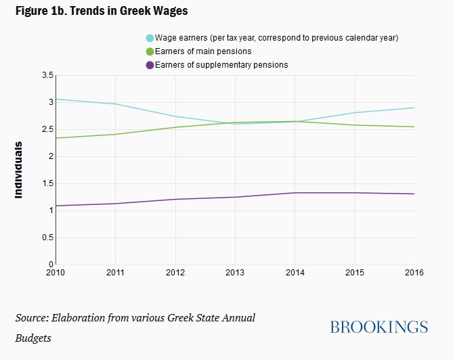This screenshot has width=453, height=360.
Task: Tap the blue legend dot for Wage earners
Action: [150, 38]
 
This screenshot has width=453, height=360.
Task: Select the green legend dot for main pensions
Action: [150, 51]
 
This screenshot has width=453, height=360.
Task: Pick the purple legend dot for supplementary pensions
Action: [150, 65]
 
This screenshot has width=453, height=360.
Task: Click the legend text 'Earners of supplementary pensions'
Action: [221, 65]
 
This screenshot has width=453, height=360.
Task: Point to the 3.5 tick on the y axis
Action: [47, 75]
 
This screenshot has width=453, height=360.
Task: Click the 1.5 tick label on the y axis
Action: [47, 183]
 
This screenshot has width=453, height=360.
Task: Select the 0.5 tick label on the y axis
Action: [47, 238]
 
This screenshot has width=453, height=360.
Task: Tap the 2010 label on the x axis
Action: [56, 273]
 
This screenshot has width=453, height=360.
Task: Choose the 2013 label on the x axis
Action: [235, 273]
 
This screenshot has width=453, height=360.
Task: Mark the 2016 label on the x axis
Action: [414, 273]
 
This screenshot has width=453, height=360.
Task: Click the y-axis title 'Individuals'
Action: [19, 169]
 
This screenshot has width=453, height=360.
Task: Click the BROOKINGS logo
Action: [379, 327]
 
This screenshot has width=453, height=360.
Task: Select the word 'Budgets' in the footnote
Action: [34, 337]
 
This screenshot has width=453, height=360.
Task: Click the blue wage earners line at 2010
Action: [57, 99]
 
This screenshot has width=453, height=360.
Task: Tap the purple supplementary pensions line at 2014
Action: [295, 193]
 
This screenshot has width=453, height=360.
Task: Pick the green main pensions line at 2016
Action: [414, 127]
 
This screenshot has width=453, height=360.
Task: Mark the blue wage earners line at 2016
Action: [414, 108]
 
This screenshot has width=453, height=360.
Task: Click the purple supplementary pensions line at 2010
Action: [57, 206]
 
